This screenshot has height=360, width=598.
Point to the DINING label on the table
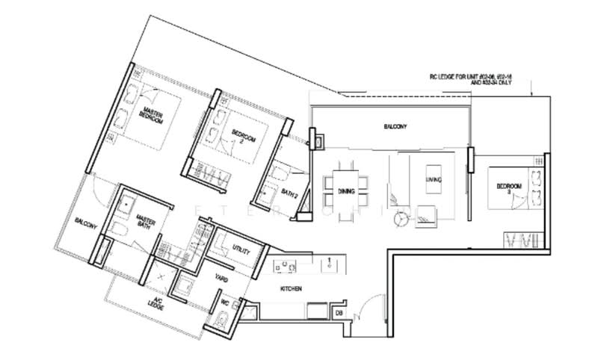point(345,192)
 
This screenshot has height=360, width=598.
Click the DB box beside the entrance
point(338,311)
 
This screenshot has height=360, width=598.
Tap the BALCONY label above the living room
point(395,127)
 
